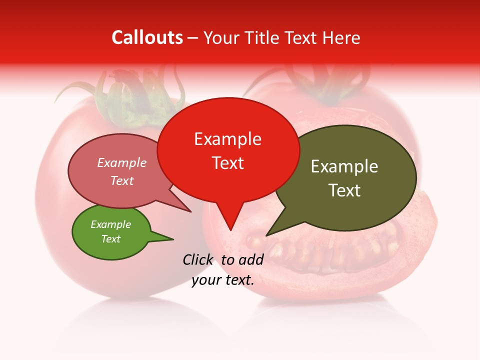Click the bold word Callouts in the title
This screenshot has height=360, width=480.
point(147,37)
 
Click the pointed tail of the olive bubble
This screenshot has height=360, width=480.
point(267,234)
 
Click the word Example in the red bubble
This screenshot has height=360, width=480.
point(228,139)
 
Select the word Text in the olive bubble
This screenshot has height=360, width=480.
point(344,190)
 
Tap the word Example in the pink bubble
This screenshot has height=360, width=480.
point(122,162)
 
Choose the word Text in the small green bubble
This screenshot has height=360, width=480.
point(111,239)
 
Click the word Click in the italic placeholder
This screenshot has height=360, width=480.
point(198,259)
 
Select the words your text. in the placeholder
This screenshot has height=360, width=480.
point(223,280)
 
